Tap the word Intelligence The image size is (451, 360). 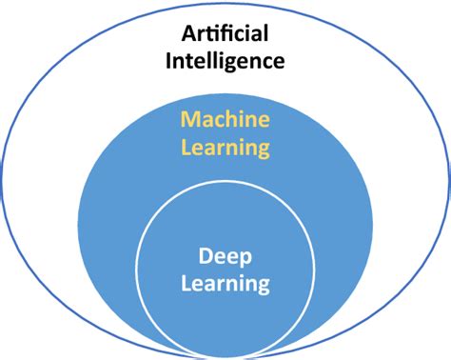click(x=225, y=63)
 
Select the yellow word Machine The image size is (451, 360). click(x=225, y=122)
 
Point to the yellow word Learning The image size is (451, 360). click(x=225, y=148)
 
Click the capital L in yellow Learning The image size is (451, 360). click(x=186, y=148)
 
